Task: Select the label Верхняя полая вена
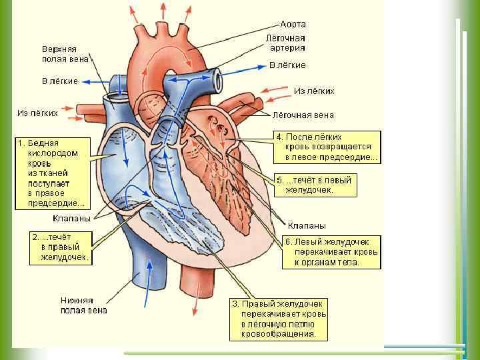coord(59,54)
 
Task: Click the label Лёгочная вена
coord(305,115)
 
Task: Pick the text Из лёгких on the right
coord(314,91)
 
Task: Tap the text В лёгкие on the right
coord(287,65)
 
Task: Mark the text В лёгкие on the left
coord(60,81)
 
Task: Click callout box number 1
coord(51,173)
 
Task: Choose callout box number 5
coord(315,185)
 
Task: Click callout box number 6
coord(331,251)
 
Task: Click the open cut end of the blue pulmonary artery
coord(218,79)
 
